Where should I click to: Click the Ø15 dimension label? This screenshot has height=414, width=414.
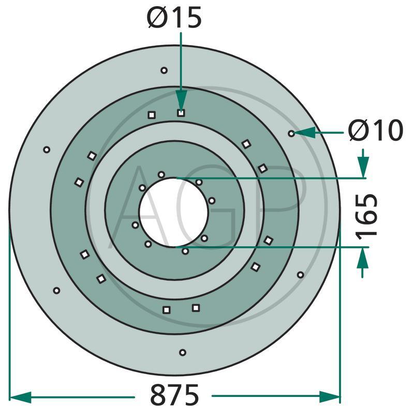pos(174,17)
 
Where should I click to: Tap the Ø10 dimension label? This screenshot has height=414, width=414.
pos(376,130)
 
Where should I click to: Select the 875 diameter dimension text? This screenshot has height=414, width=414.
pos(174,395)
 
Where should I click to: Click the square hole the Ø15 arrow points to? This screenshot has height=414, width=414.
pos(181,113)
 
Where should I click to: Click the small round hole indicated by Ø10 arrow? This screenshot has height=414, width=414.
pos(291,134)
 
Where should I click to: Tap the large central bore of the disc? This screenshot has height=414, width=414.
pos(174,213)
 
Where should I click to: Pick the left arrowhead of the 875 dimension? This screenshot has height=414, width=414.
pos(20,397)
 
